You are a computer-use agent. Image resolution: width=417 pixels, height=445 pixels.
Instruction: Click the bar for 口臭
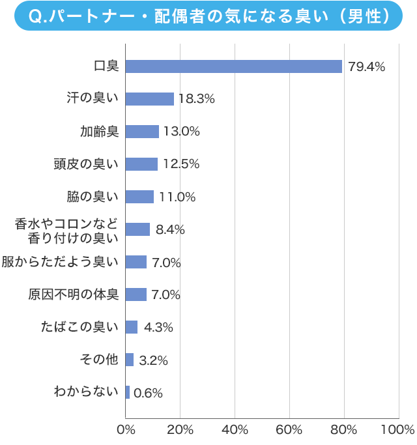233,66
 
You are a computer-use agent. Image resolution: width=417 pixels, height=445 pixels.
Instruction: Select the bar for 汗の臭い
149,99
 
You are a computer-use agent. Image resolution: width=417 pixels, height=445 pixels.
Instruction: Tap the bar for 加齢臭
142,132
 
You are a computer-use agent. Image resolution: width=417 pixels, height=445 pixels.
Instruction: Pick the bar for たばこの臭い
131,327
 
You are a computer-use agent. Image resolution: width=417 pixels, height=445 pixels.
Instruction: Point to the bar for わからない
127,392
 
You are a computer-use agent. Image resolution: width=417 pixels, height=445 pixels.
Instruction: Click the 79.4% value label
366,66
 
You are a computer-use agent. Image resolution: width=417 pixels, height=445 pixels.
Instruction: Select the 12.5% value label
181,164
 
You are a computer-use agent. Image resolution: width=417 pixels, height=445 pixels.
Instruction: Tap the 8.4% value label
171,229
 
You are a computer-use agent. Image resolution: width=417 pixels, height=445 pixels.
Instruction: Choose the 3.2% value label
154,360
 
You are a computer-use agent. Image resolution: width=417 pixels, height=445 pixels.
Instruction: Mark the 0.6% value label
148,393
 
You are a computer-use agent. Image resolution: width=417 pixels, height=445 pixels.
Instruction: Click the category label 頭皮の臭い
86,164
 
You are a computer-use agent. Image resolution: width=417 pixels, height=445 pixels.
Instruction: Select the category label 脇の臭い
93,197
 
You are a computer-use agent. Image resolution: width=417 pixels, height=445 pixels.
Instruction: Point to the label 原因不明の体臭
73,294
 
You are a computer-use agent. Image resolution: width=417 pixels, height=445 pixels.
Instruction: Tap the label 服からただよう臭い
60,262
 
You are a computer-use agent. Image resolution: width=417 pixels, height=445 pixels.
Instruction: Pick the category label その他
99,360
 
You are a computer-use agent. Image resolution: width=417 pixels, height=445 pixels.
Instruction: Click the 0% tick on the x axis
125,430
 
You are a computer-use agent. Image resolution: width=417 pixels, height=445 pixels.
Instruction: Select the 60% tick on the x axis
289,430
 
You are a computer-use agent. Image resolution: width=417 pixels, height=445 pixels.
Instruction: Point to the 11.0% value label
178,197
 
